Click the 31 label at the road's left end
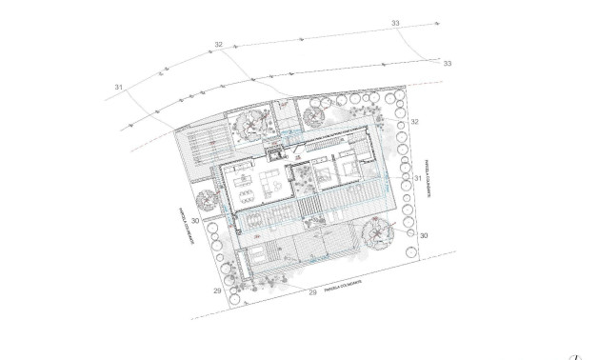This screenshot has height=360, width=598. click(x=119, y=88)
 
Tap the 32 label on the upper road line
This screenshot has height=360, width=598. click(x=219, y=45)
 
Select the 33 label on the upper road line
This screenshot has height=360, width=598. click(x=395, y=23)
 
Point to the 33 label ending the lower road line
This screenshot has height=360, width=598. click(x=447, y=63)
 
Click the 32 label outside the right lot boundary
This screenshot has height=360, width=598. click(x=415, y=122)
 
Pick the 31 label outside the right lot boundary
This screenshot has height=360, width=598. click(x=417, y=178)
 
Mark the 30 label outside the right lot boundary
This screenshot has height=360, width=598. click(x=424, y=234)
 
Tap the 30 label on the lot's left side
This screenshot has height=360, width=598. click(x=194, y=221)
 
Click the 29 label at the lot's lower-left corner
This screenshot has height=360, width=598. click(x=217, y=290)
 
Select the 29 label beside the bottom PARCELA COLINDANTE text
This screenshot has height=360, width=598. click(x=312, y=292)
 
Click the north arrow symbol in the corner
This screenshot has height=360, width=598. click(x=575, y=356)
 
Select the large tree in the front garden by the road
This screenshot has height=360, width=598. click(x=253, y=122)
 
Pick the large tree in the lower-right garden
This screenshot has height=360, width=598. click(x=381, y=230)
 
